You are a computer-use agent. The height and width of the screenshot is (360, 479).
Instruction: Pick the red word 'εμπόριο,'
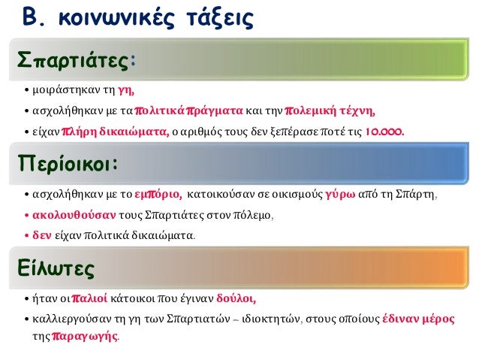(157, 196)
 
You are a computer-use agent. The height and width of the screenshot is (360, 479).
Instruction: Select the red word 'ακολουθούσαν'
(67, 216)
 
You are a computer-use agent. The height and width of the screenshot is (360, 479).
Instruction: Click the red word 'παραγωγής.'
(85, 337)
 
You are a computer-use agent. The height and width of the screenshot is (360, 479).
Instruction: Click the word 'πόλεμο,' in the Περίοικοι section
(257, 216)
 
